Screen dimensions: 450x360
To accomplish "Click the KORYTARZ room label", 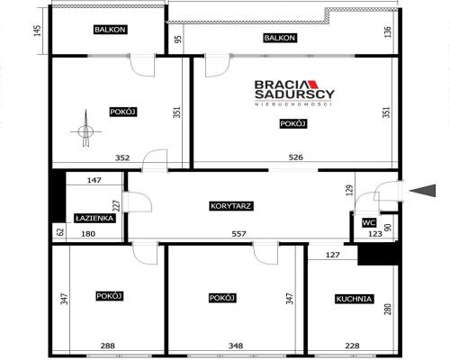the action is point(230,206).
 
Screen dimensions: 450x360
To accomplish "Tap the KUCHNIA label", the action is point(354,299).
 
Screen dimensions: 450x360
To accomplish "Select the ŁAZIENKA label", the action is point(94,218).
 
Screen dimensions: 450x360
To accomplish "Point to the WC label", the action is point(369,223).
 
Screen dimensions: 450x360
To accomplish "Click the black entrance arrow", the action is point(422,191).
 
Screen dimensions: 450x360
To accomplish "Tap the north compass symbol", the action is point(85,129).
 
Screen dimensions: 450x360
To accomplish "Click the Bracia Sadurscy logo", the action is point(294,93).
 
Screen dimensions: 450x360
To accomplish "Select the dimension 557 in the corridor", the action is point(238,233).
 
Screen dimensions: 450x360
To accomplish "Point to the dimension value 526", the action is point(295,157).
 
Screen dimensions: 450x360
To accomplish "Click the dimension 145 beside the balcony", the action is point(37,31).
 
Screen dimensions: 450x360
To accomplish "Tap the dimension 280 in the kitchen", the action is point(387,310).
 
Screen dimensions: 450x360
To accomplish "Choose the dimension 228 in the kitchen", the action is point(352,346).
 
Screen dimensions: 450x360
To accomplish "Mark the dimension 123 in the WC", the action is point(375,234).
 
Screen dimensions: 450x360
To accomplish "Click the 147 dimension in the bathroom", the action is point(94,180).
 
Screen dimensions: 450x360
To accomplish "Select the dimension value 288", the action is point(107,346).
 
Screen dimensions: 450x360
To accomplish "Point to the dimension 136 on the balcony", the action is point(388,31).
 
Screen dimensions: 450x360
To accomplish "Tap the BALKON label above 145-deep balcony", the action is point(110,30).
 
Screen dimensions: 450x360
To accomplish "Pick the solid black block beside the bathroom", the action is point(58,196).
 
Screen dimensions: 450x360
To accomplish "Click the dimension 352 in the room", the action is point(122,157).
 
